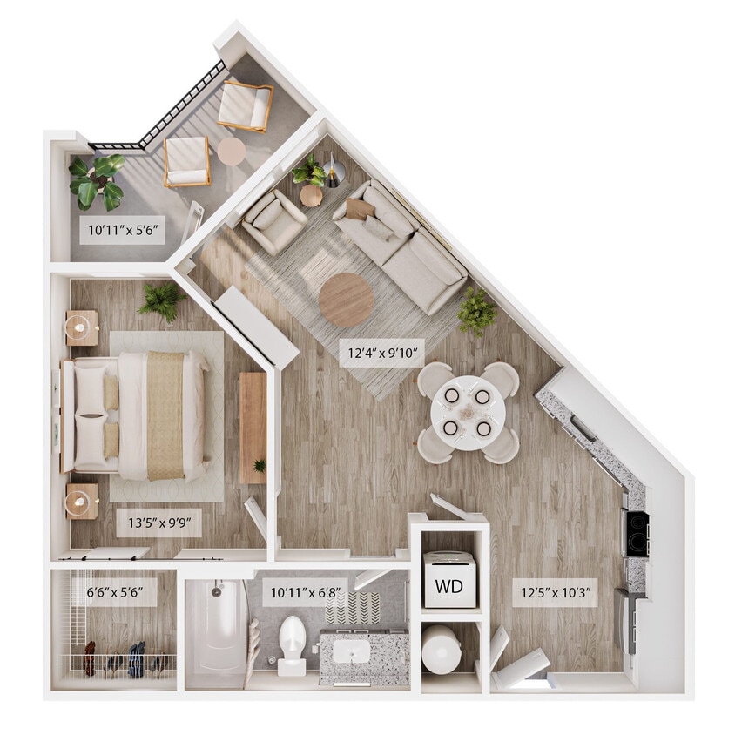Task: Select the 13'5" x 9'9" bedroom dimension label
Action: [x=159, y=523]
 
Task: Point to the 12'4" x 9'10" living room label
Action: [x=381, y=354]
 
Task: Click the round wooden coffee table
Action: [x=346, y=300]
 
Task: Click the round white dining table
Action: [x=468, y=412]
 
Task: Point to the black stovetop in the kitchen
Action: [x=637, y=532]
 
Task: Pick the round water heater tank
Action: [x=442, y=649]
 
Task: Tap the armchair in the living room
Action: [x=273, y=221]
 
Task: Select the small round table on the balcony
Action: [x=232, y=152]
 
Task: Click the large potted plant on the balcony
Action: [x=97, y=179]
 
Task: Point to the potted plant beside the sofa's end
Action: [x=476, y=311]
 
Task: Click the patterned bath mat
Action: [x=353, y=608]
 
